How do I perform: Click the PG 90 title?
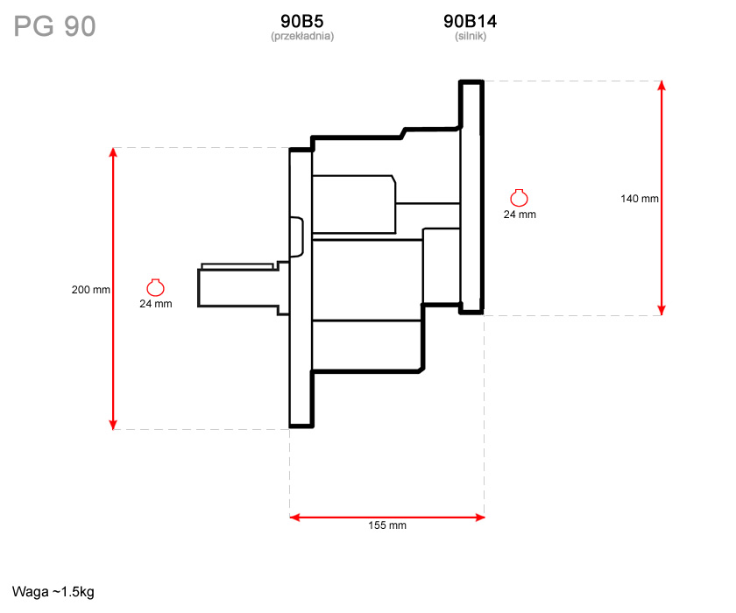[54, 26]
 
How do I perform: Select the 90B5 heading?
[301, 21]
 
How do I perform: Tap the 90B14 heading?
[470, 21]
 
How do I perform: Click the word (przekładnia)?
[302, 36]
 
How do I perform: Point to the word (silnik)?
[471, 36]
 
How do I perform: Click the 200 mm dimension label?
[90, 290]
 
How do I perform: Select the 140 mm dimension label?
[640, 199]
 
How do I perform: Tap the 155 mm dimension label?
[387, 525]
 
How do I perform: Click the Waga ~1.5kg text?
[53, 592]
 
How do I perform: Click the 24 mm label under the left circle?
[156, 304]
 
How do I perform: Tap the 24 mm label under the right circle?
[520, 215]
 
